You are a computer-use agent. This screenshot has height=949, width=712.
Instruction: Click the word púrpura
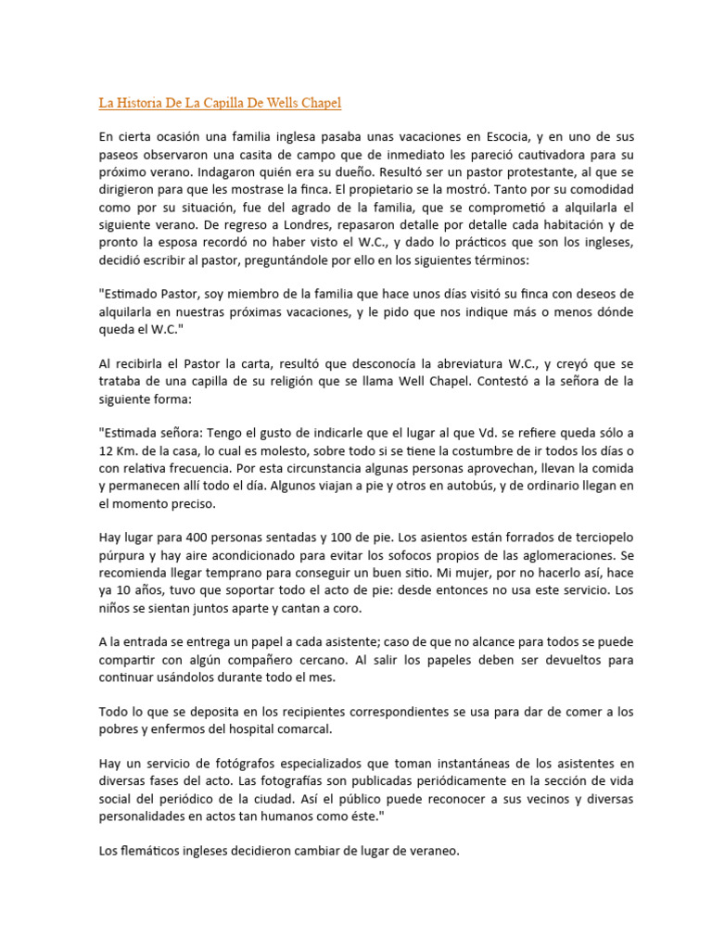coord(122,555)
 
